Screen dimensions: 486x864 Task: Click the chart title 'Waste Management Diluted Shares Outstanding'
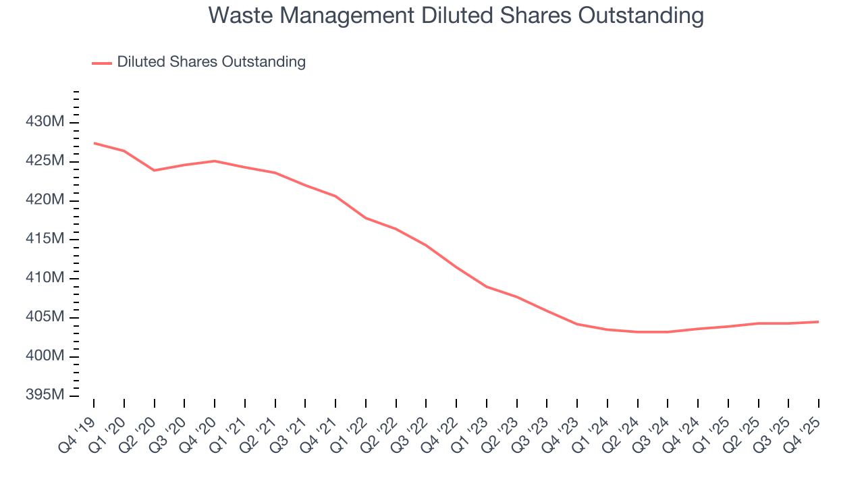tap(456, 15)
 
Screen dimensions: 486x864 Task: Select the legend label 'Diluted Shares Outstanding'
tap(211, 62)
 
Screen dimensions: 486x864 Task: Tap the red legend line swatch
tap(102, 63)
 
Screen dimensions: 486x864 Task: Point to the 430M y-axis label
tap(46, 122)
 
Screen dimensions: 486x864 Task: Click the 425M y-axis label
tap(46, 161)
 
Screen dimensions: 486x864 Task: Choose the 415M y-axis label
tap(46, 239)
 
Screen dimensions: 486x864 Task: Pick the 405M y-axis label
tap(46, 317)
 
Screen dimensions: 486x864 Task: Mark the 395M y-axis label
tap(46, 395)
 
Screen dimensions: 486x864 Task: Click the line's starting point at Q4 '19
tap(94, 143)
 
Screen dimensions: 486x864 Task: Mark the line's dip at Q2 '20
tap(155, 170)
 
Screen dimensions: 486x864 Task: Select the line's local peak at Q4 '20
tap(215, 161)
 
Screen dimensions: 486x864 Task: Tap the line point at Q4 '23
tap(577, 324)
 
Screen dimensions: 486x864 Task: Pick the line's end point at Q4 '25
tap(819, 321)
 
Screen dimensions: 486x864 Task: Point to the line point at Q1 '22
tap(366, 218)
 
